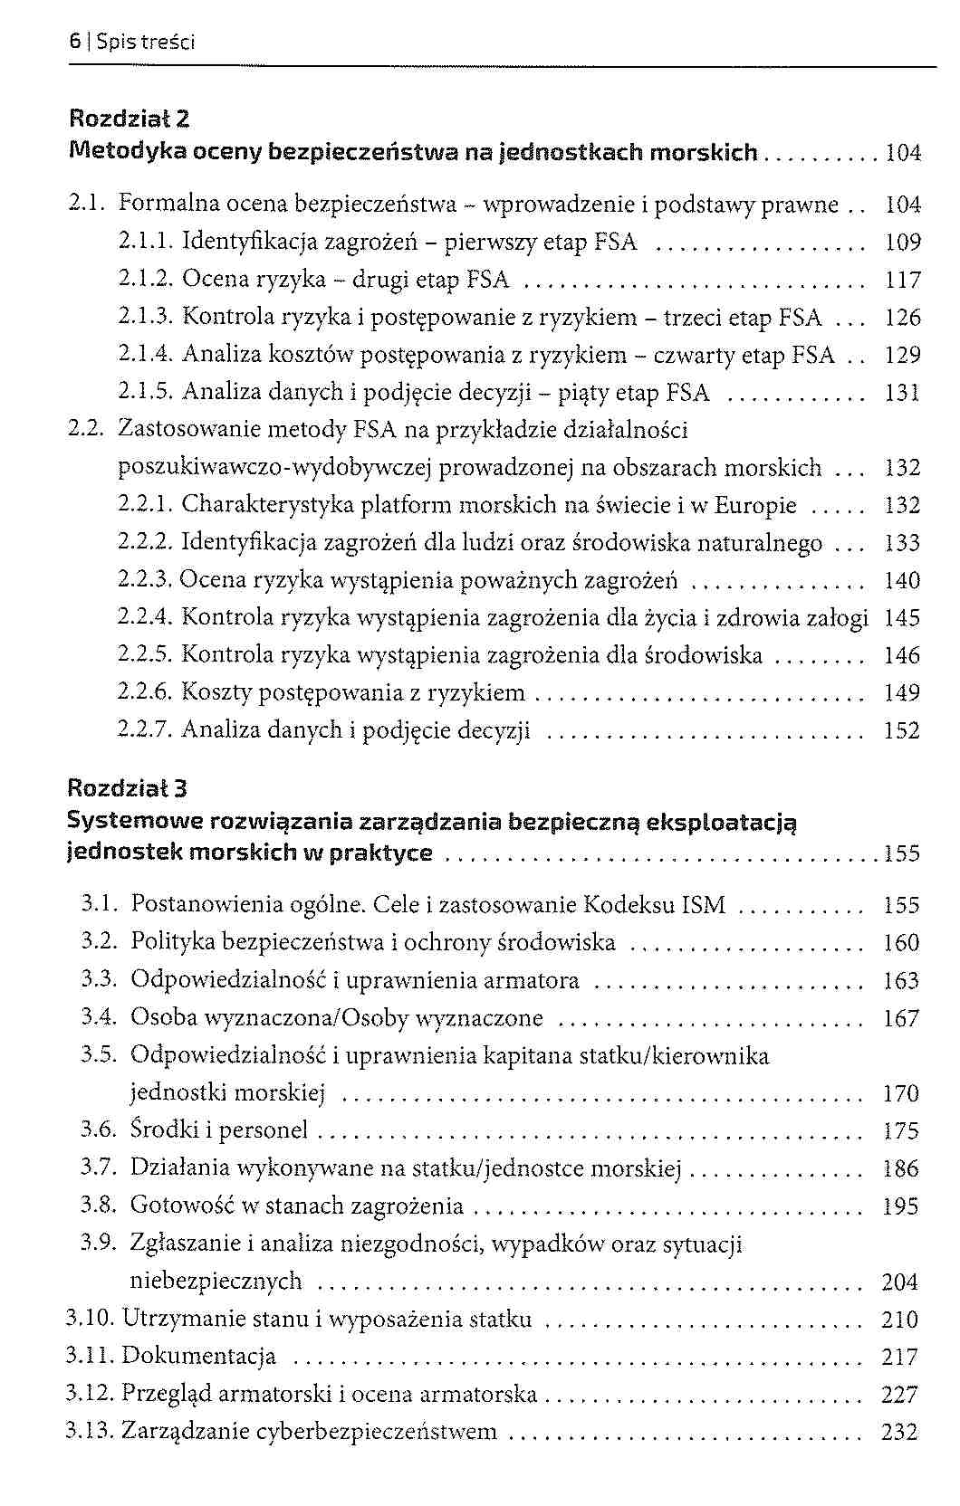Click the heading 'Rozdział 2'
click(130, 119)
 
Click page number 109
click(902, 243)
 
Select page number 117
click(902, 281)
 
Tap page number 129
click(902, 356)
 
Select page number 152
click(902, 730)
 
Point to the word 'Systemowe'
click(134, 823)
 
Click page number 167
click(901, 1019)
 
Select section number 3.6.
click(100, 1130)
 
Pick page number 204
click(900, 1282)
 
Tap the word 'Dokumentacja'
click(198, 1357)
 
